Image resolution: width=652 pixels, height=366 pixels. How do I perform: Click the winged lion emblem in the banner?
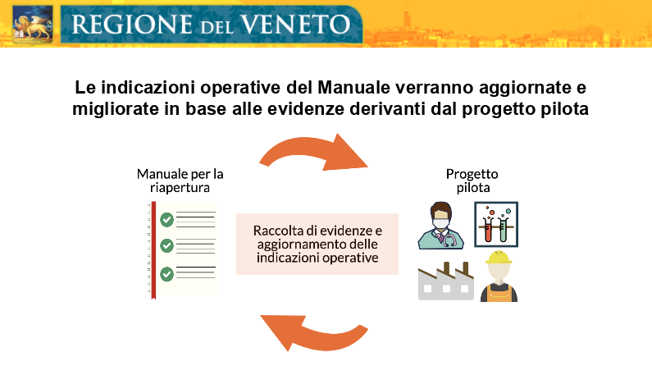[x=33, y=24]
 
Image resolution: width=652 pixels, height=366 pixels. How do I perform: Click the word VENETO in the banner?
[x=295, y=24]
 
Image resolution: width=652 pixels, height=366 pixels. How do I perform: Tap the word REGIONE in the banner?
[x=132, y=24]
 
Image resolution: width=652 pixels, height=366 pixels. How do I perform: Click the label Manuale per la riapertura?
[x=180, y=181]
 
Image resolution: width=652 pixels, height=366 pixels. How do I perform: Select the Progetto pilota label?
[x=472, y=181]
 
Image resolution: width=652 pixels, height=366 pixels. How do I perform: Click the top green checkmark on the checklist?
[x=166, y=219]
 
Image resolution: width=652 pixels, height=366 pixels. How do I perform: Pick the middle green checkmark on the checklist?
[x=166, y=246]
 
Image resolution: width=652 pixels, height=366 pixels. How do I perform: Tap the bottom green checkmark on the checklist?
[x=166, y=273]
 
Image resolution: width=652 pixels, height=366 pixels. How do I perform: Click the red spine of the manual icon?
[x=153, y=250]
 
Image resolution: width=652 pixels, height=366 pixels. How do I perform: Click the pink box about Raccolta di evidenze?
[x=317, y=245]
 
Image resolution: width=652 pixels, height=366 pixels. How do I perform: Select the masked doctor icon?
[x=440, y=226]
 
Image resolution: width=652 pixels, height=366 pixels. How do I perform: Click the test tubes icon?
[x=496, y=225]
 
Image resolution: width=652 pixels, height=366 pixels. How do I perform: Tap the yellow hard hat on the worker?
[x=499, y=258]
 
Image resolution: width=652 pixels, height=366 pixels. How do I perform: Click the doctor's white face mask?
[x=440, y=223]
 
